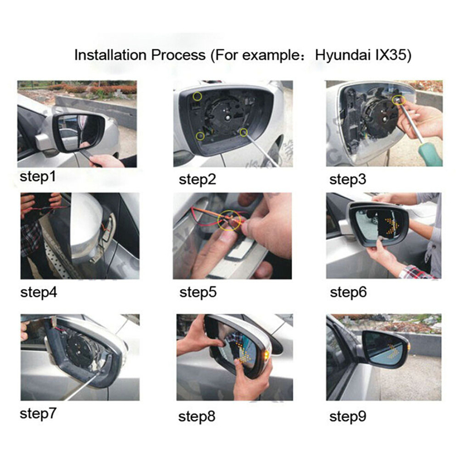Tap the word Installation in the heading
click(110, 55)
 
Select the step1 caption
click(37, 177)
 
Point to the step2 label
click(197, 179)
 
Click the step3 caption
click(348, 179)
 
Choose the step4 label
click(39, 292)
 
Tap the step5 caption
click(198, 292)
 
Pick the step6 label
click(348, 292)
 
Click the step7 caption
click(38, 413)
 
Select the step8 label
click(197, 416)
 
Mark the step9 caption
click(348, 416)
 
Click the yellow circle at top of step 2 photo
click(197, 96)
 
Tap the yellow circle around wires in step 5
click(229, 220)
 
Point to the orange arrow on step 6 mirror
click(388, 226)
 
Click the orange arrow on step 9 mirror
click(392, 352)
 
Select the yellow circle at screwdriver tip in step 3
click(398, 99)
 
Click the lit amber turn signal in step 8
click(266, 355)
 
